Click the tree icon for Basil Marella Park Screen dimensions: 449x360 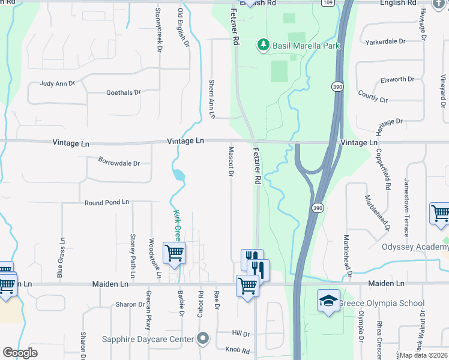coord(262,45)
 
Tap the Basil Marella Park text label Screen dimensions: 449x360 coord(306,46)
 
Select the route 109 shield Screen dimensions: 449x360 coord(327,3)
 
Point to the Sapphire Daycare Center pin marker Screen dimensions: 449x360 coord(203,339)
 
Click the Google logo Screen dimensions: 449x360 coord(20,353)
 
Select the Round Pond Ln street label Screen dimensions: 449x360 coord(107,203)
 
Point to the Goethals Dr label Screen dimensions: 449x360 coord(123,93)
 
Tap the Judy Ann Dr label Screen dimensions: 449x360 coord(58,85)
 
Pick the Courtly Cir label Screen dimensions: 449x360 coord(373,96)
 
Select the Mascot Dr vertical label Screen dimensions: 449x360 coord(231,162)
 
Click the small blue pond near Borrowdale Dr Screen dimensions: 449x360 coord(178,176)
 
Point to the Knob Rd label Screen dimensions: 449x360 coord(237,349)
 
